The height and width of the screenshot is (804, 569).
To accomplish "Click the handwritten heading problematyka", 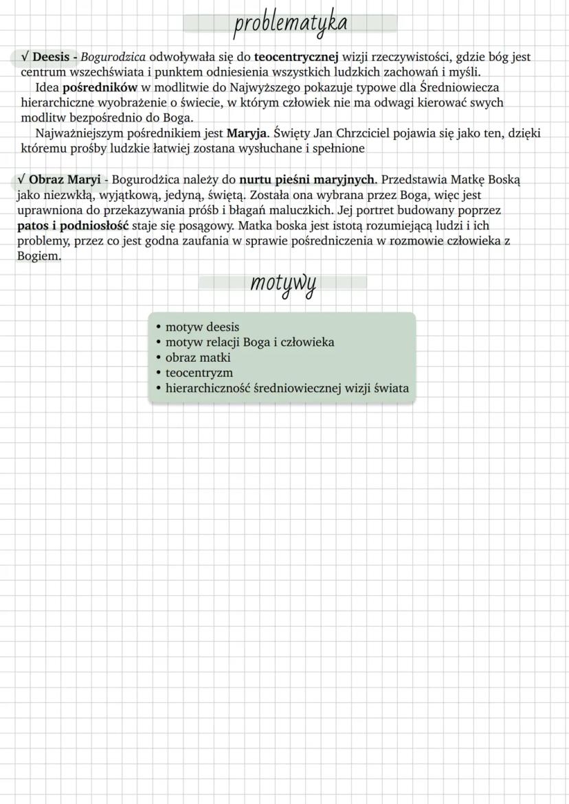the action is click(x=290, y=23).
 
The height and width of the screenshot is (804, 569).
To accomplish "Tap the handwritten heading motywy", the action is click(x=282, y=284).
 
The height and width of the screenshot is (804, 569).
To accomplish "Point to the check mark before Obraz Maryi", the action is click(x=22, y=180).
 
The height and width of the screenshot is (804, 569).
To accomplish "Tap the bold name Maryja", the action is click(x=247, y=133).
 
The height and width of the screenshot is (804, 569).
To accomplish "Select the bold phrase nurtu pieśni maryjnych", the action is click(x=307, y=180).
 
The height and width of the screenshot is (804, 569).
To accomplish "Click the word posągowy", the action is click(x=199, y=225).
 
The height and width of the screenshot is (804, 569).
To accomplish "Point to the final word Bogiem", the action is click(x=38, y=256).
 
